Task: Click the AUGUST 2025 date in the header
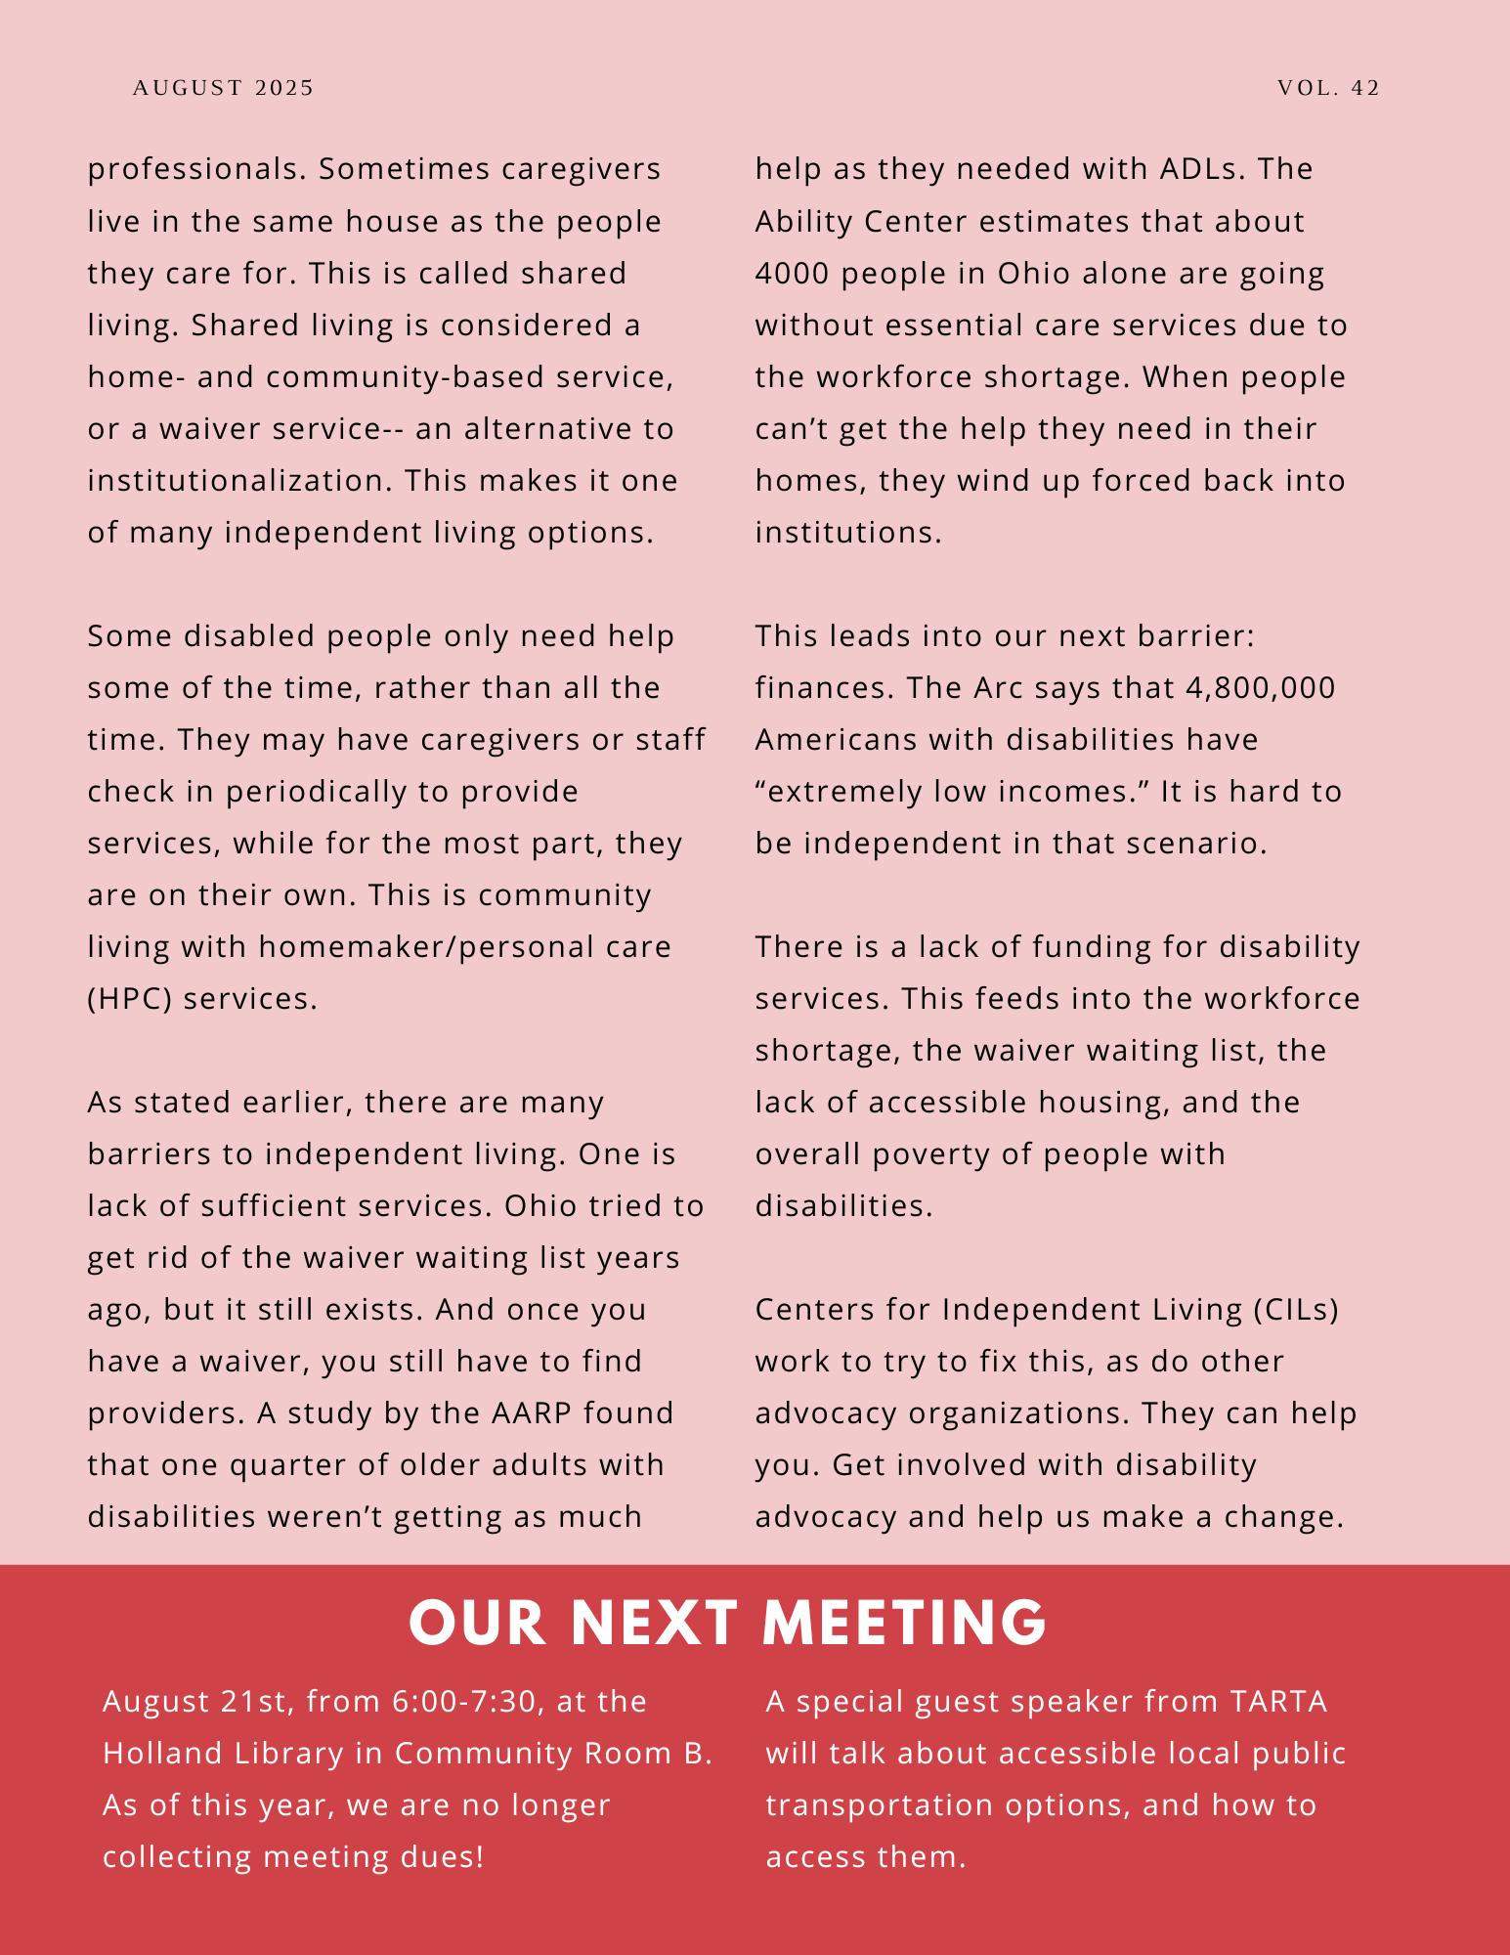coord(223,88)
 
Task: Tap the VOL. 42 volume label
coord(1328,88)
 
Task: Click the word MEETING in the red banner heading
coord(904,1624)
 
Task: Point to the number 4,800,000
coord(1260,688)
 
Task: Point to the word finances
coord(824,688)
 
